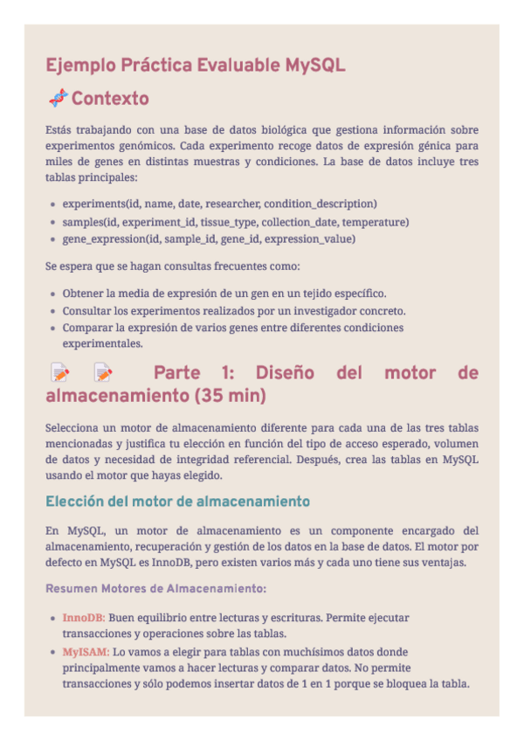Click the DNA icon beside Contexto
tap(58, 98)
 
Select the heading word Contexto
tap(110, 98)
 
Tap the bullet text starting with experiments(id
tap(219, 204)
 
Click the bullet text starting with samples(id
tap(235, 221)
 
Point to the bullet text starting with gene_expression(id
tap(209, 238)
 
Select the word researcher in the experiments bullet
tap(234, 204)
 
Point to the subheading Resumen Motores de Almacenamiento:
tap(155, 588)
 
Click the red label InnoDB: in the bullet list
tap(84, 618)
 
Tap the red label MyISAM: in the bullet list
tap(86, 652)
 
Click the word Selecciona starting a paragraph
tap(76, 428)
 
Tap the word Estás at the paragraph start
tap(59, 129)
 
